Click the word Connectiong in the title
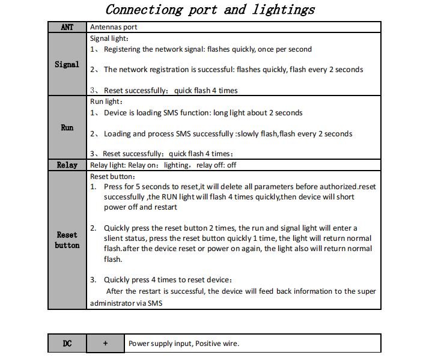(141, 10)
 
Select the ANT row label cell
(67, 27)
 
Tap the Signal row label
(67, 64)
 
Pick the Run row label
(67, 127)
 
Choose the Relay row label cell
(67, 165)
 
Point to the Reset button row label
(67, 240)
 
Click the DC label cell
(67, 344)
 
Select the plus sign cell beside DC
(105, 344)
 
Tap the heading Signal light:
(109, 38)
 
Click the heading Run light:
(106, 102)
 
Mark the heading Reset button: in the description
(113, 177)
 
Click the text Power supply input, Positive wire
(184, 344)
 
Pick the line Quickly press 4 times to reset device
(168, 280)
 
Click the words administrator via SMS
(126, 303)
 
